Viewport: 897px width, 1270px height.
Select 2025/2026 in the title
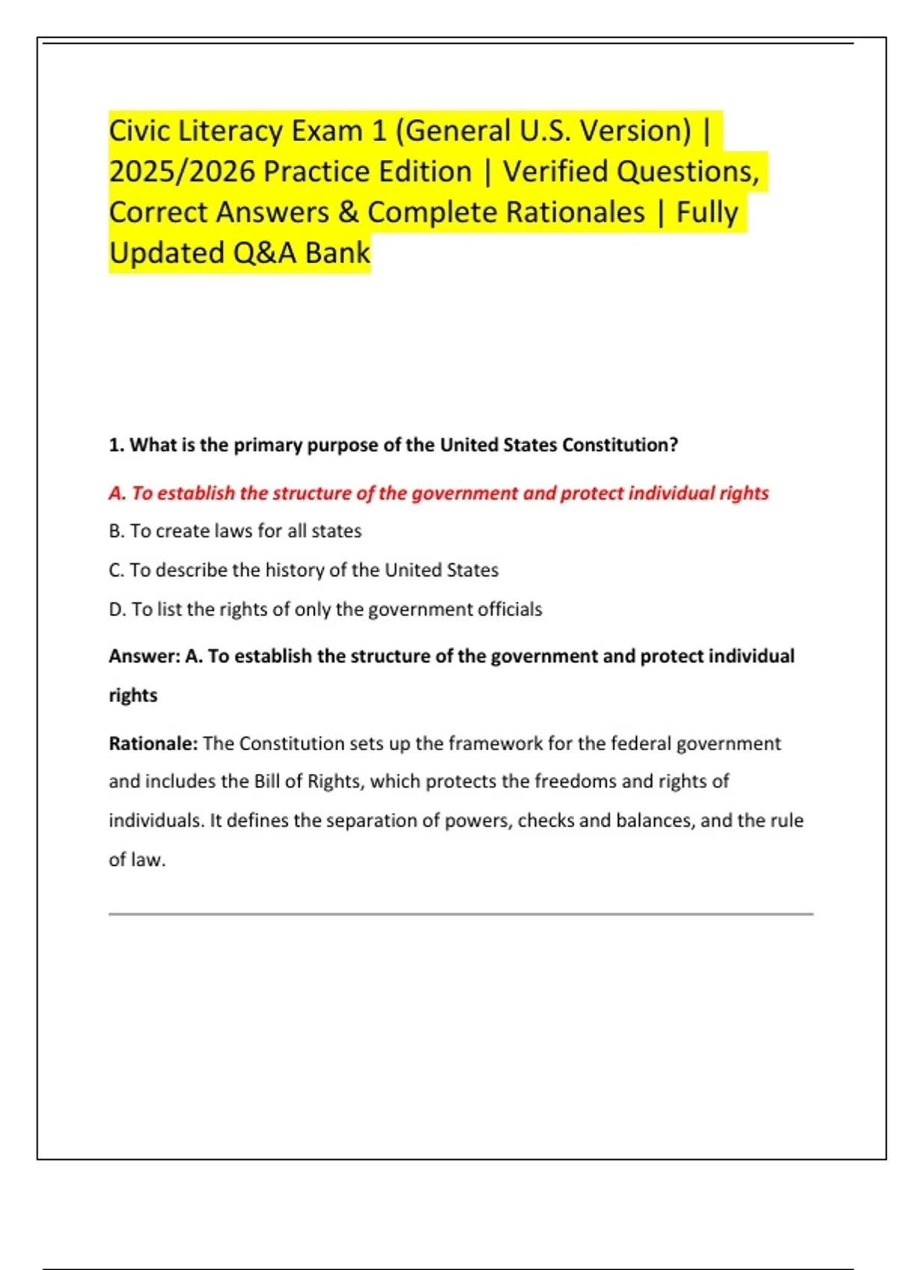[x=182, y=172]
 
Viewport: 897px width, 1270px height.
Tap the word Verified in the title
[x=555, y=172]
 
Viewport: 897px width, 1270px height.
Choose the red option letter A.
[x=117, y=493]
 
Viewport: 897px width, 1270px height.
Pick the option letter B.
[x=116, y=531]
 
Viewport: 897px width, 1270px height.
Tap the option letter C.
[x=116, y=570]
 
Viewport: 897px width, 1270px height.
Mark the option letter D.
[x=117, y=610]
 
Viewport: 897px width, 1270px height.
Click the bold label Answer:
[x=144, y=656]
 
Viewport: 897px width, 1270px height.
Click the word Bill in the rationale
[x=267, y=781]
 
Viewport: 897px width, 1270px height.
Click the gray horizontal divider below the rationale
[x=460, y=914]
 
